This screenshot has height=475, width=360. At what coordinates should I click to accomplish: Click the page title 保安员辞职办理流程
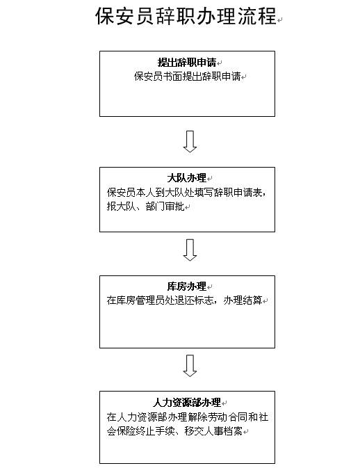tap(186, 16)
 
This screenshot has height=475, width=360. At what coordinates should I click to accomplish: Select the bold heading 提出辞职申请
tap(187, 63)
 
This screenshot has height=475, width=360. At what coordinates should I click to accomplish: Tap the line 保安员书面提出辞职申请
tap(188, 77)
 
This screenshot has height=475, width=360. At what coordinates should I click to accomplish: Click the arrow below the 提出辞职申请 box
tap(190, 141)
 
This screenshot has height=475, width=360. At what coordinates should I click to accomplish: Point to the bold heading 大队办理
tap(187, 178)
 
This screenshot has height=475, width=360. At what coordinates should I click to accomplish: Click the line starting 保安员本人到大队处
tap(186, 193)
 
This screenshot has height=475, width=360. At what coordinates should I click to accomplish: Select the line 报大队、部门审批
tap(146, 207)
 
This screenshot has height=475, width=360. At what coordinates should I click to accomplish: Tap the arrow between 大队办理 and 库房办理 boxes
tap(190, 250)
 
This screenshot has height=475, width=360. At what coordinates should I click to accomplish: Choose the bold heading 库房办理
tap(187, 287)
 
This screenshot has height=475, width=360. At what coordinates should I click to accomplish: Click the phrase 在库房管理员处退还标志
tap(160, 300)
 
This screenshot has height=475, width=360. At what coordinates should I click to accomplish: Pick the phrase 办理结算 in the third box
tap(243, 300)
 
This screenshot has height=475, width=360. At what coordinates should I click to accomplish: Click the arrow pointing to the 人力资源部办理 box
tap(190, 366)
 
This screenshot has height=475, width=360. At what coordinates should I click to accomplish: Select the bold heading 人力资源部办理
tap(187, 403)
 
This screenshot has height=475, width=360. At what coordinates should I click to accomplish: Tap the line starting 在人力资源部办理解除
tap(188, 417)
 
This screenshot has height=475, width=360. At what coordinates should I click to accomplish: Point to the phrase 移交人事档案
tap(213, 431)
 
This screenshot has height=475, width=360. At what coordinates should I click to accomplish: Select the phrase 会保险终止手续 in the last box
tap(141, 431)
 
